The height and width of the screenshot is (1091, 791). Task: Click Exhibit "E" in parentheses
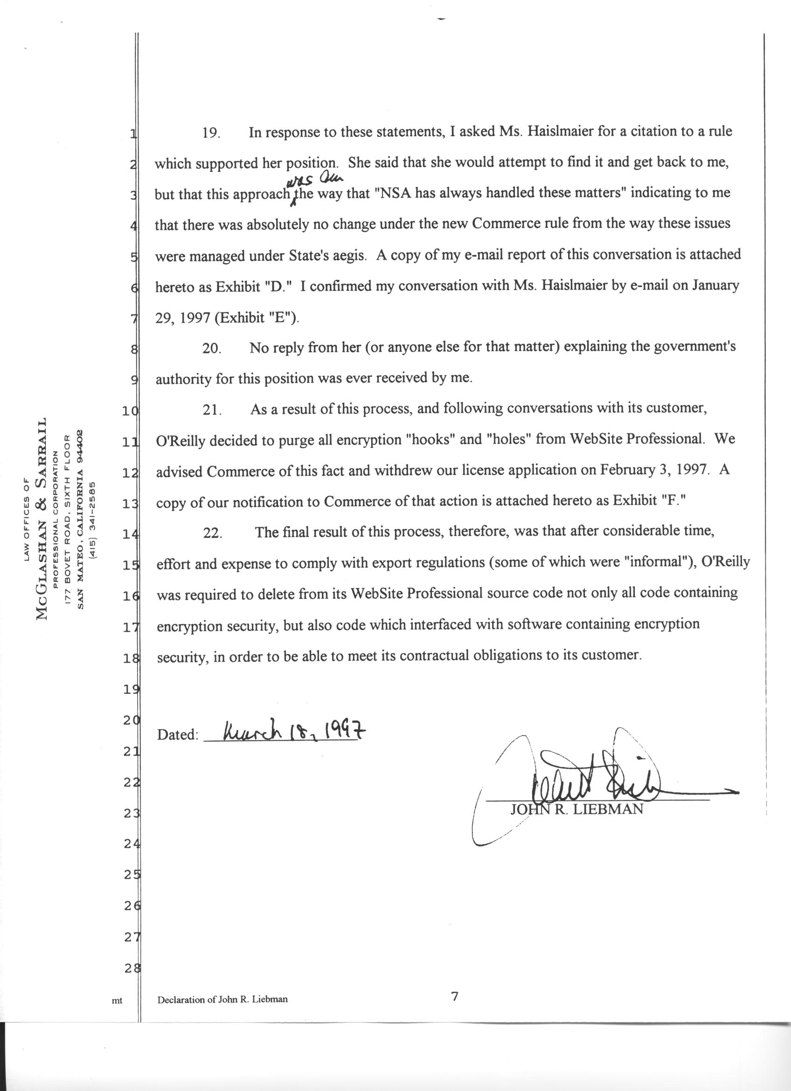255,318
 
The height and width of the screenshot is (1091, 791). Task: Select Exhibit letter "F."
673,501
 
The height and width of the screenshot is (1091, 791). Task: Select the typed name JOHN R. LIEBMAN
576,810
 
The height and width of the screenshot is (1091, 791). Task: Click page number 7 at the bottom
454,997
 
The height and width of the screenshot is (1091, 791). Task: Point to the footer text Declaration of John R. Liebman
222,1000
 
